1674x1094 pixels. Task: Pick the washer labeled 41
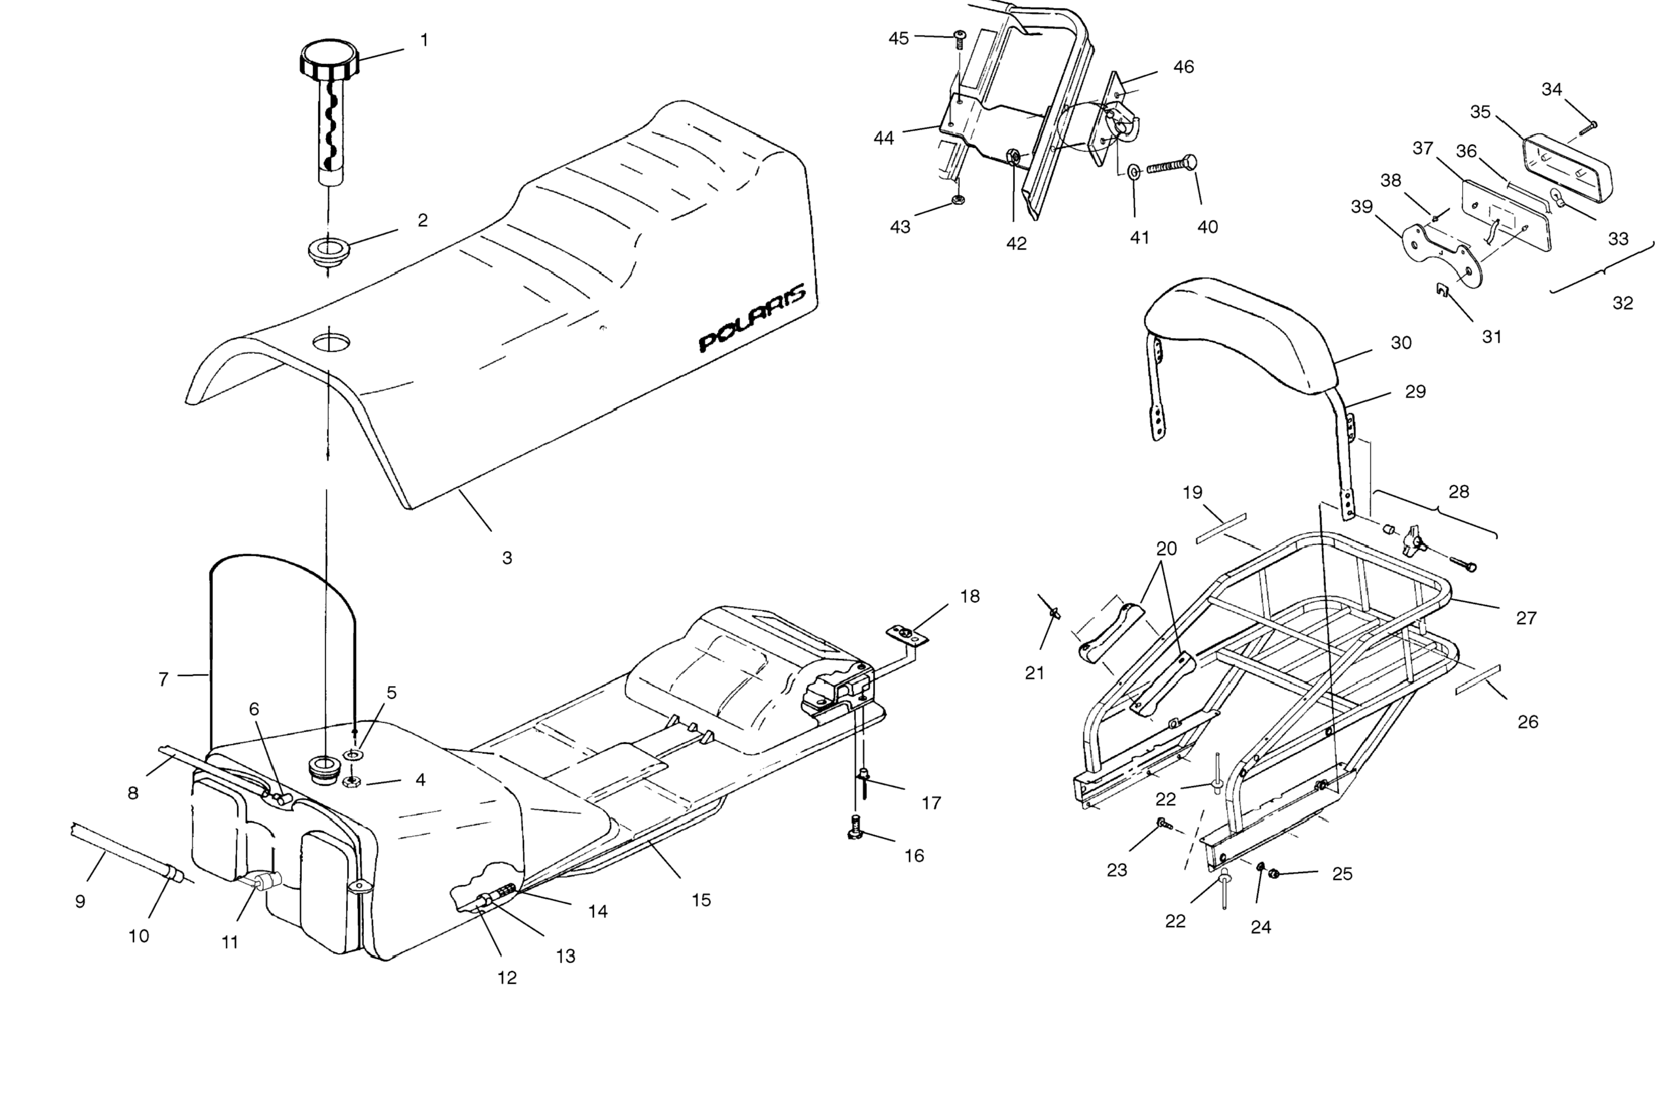pos(1134,172)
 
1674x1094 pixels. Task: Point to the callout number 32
pos(1622,303)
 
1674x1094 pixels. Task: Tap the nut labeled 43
pos(957,200)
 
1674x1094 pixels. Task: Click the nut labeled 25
pos(1273,874)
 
